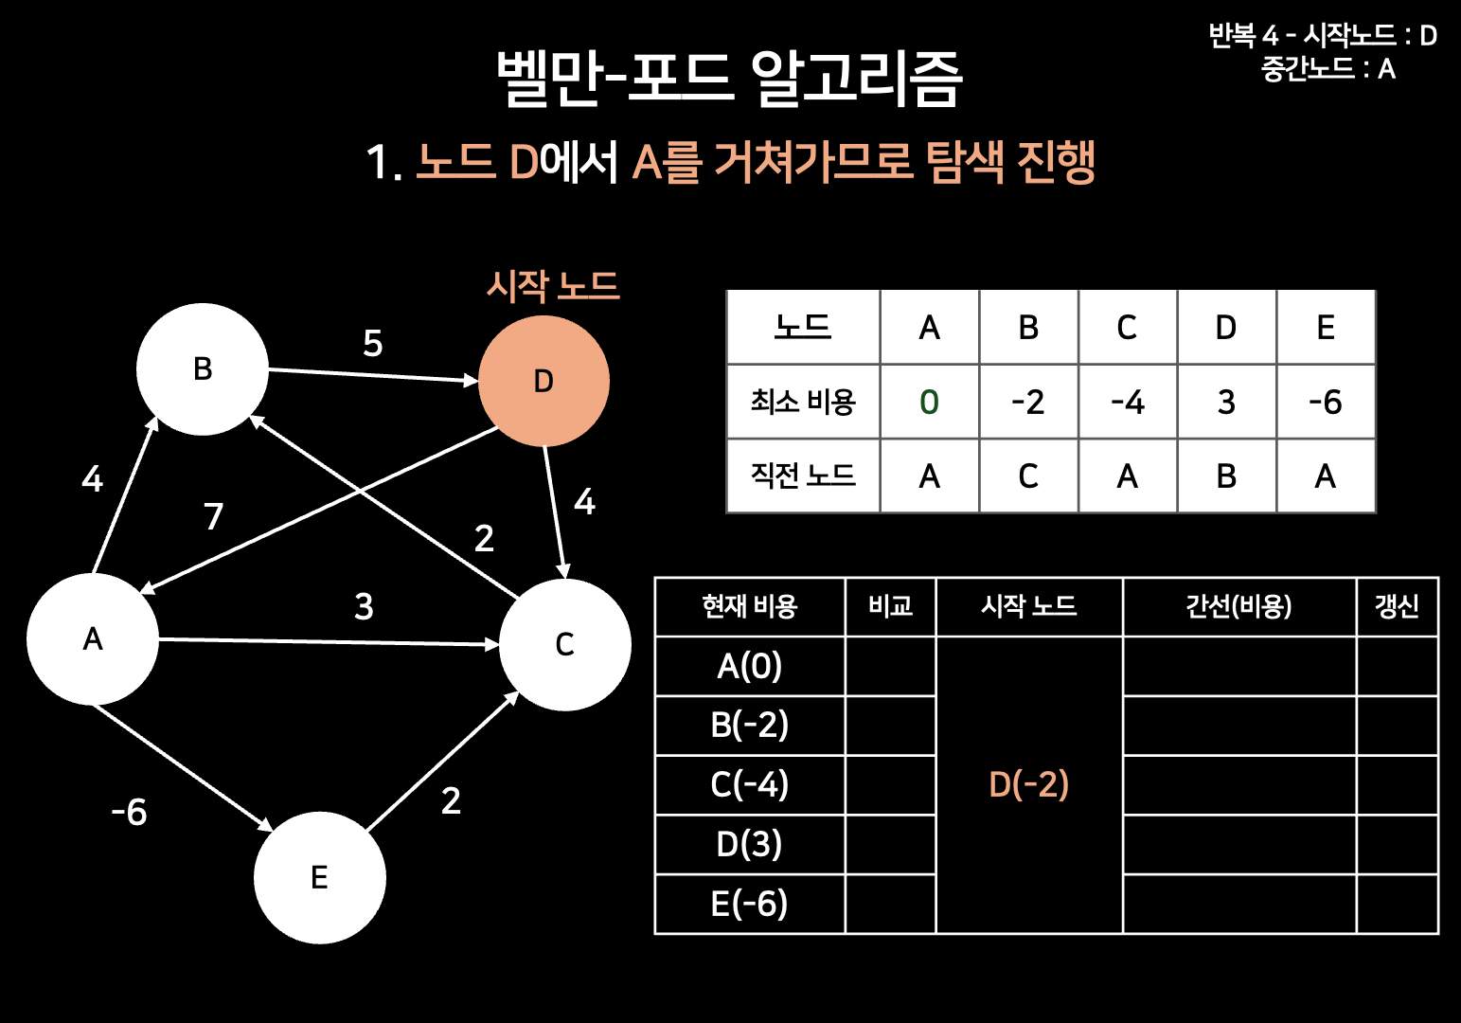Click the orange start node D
tap(543, 381)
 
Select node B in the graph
tap(203, 368)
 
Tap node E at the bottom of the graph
tap(320, 877)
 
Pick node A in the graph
tap(93, 638)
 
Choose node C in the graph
tap(564, 644)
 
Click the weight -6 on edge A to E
tap(130, 812)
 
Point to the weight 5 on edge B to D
tap(373, 343)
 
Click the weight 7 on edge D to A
tap(214, 516)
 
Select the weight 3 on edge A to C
tap(364, 606)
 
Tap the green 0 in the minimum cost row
tap(929, 402)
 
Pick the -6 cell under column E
tap(1325, 402)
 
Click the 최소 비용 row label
tap(803, 402)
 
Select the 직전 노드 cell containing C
tap(1028, 476)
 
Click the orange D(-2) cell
tap(1029, 784)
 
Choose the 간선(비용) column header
tap(1238, 606)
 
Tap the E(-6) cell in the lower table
tap(749, 904)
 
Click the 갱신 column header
tap(1397, 606)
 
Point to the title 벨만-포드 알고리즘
tap(729, 78)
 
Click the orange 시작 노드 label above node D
tap(553, 285)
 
